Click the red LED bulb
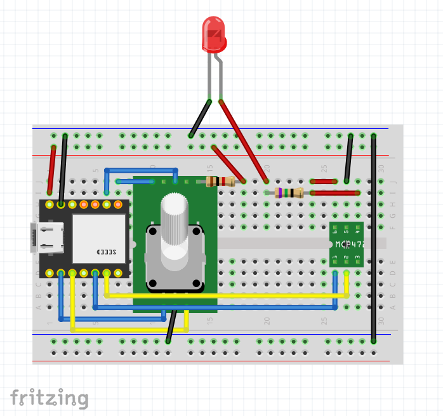[x=214, y=35]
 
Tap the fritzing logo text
[x=49, y=398]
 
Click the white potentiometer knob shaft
[x=175, y=220]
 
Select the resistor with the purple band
[x=289, y=193]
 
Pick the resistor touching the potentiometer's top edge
[x=221, y=182]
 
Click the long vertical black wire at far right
[x=374, y=241]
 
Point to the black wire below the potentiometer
[x=171, y=326]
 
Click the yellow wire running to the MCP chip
[x=222, y=295]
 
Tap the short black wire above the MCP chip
[x=348, y=158]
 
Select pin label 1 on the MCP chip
[x=334, y=257]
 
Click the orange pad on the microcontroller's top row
[x=84, y=204]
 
